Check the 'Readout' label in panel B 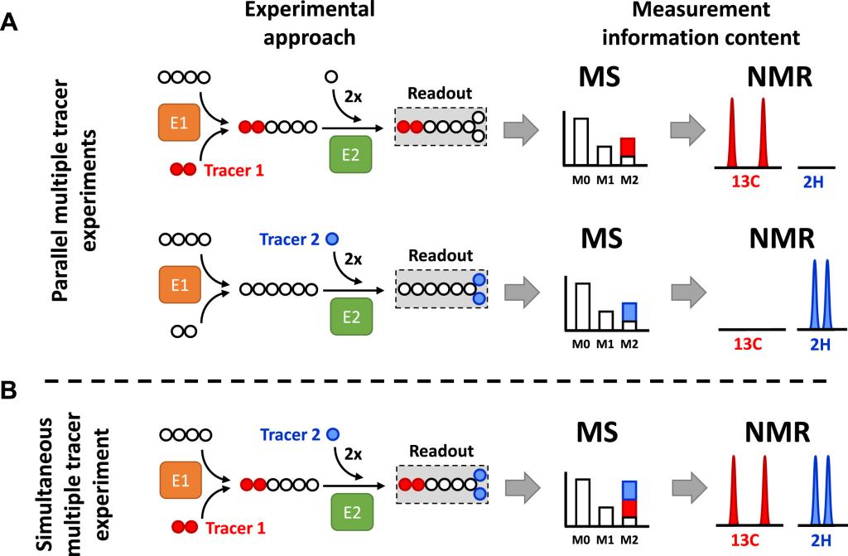(x=442, y=452)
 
